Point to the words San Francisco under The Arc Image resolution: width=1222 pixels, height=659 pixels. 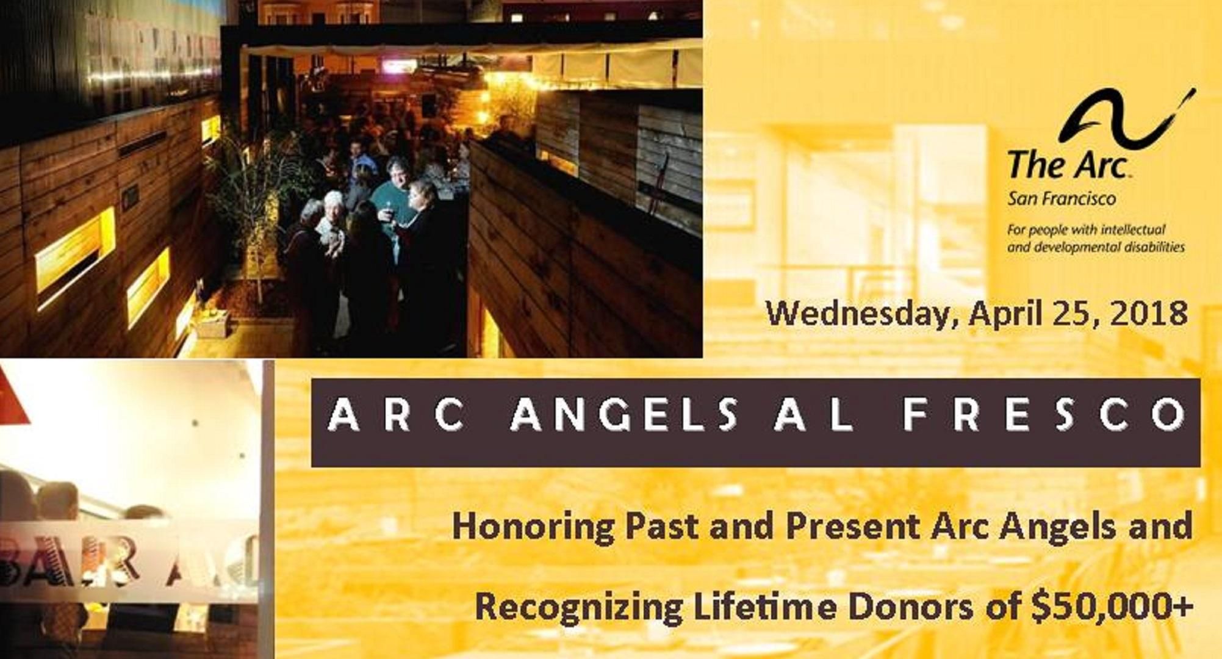pos(1052,198)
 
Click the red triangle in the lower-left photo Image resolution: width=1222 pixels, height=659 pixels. pos(13,397)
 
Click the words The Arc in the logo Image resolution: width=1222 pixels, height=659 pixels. pos(1067,165)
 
